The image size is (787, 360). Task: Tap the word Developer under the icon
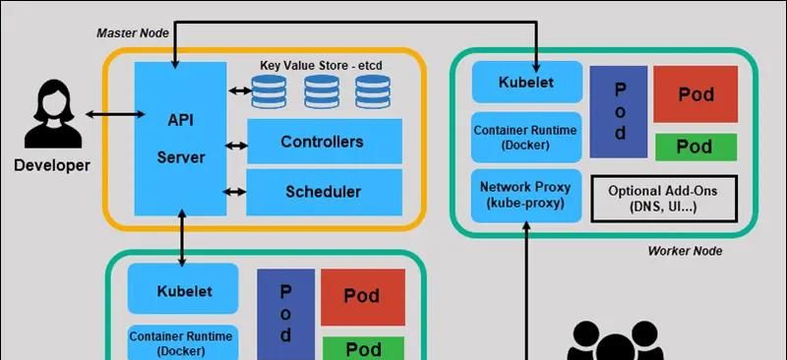pos(51,165)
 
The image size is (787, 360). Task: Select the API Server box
pos(180,137)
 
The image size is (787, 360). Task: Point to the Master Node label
pos(132,32)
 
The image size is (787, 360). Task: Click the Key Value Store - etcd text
pos(321,65)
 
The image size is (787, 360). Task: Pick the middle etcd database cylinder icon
pos(321,91)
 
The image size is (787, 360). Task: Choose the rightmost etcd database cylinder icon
pos(373,91)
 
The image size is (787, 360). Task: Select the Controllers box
pos(323,142)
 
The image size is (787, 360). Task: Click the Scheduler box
pos(323,192)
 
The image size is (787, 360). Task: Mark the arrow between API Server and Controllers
pos(236,147)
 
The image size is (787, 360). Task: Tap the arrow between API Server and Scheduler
pos(236,192)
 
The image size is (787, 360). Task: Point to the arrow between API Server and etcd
pos(238,90)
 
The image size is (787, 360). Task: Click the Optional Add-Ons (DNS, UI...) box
pos(664,199)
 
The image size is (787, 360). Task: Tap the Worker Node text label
pos(685,251)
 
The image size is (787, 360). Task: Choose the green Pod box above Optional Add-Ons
pos(696,147)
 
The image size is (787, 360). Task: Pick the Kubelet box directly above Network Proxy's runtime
pos(525,82)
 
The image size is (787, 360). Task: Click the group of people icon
pos(615,343)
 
